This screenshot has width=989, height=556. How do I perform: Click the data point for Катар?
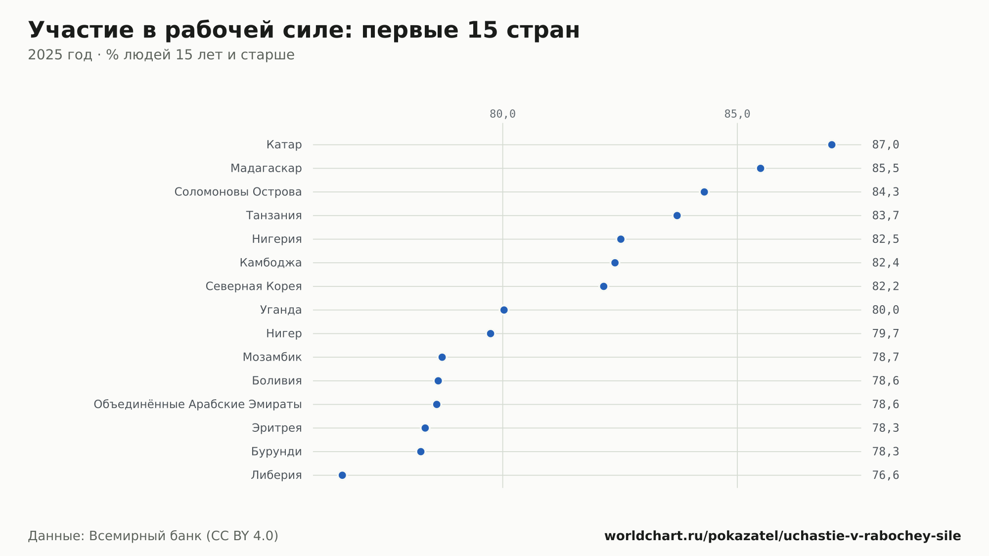point(832,145)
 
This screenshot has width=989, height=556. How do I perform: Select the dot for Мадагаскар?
point(761,169)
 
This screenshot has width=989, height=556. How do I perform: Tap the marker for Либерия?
point(342,475)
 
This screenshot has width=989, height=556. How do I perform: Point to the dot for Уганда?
point(504,310)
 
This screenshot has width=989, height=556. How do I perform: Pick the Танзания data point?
point(677,216)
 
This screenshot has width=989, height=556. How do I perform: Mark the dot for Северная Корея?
point(604,286)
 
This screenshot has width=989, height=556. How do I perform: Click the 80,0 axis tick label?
point(502,114)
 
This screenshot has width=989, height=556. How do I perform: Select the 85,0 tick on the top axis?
point(737,114)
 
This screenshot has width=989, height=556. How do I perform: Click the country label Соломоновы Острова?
point(238,192)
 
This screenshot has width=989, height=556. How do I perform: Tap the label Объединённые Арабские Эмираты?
point(198,405)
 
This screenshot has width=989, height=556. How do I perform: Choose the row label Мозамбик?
point(272,357)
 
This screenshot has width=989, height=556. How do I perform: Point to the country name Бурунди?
point(276,452)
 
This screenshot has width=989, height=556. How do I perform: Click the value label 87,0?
point(886,145)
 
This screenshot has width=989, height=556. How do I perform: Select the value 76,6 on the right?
point(886,475)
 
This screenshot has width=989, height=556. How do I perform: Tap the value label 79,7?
point(886,334)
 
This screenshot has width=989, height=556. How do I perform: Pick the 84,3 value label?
point(886,192)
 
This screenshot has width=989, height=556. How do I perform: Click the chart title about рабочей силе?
point(304,30)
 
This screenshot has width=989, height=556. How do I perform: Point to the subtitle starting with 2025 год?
point(161,55)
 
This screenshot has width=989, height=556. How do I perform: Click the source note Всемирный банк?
point(153,536)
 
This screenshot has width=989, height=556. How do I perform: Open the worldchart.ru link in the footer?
point(783,536)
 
